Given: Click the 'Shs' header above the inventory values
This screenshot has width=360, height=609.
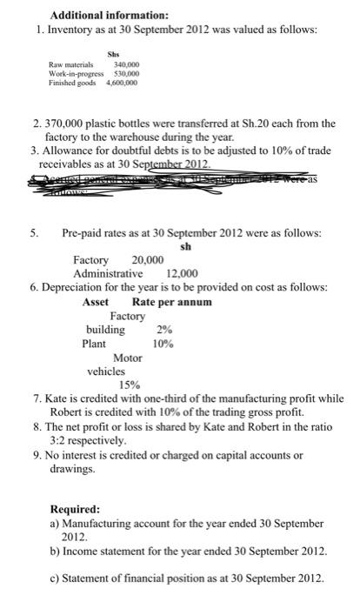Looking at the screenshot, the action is coord(110,62).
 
